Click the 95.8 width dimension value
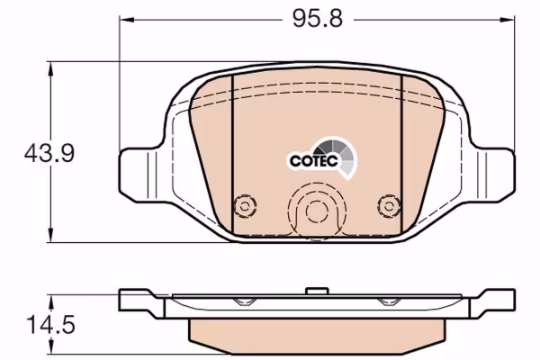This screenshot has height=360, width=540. click(x=318, y=19)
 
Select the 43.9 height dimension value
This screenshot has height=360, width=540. click(x=49, y=153)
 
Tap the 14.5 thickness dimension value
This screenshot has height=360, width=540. click(x=50, y=325)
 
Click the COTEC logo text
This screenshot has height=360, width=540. click(x=313, y=161)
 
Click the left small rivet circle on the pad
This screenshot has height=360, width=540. click(x=245, y=207)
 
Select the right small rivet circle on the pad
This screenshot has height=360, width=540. click(x=389, y=207)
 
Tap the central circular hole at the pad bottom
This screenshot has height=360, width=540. click(x=317, y=211)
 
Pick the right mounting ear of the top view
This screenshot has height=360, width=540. click(x=492, y=174)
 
